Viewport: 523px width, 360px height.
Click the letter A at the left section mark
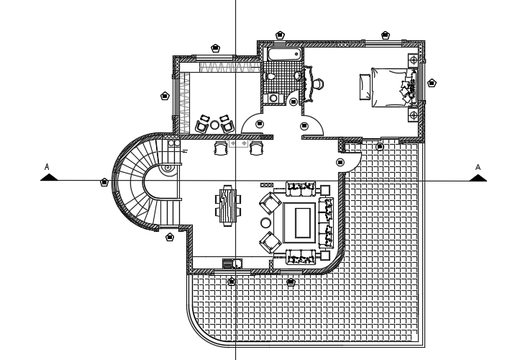(x=47, y=168)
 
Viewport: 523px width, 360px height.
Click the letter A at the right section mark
(x=476, y=168)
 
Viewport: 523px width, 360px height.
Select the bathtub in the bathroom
(x=283, y=55)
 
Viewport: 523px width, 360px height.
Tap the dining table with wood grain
(x=228, y=205)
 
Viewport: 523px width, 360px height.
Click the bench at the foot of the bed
(x=365, y=86)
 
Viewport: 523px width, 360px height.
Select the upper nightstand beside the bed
(x=413, y=59)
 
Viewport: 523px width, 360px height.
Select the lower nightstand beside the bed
(x=413, y=114)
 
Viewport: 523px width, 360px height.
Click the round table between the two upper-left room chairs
(x=214, y=125)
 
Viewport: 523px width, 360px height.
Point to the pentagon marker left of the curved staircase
(x=104, y=182)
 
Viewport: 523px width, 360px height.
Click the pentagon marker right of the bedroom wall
(x=432, y=83)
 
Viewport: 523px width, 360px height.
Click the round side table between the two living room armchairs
(x=264, y=223)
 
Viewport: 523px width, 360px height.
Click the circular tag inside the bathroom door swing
(x=294, y=102)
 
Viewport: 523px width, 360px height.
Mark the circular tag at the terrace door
(x=339, y=162)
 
